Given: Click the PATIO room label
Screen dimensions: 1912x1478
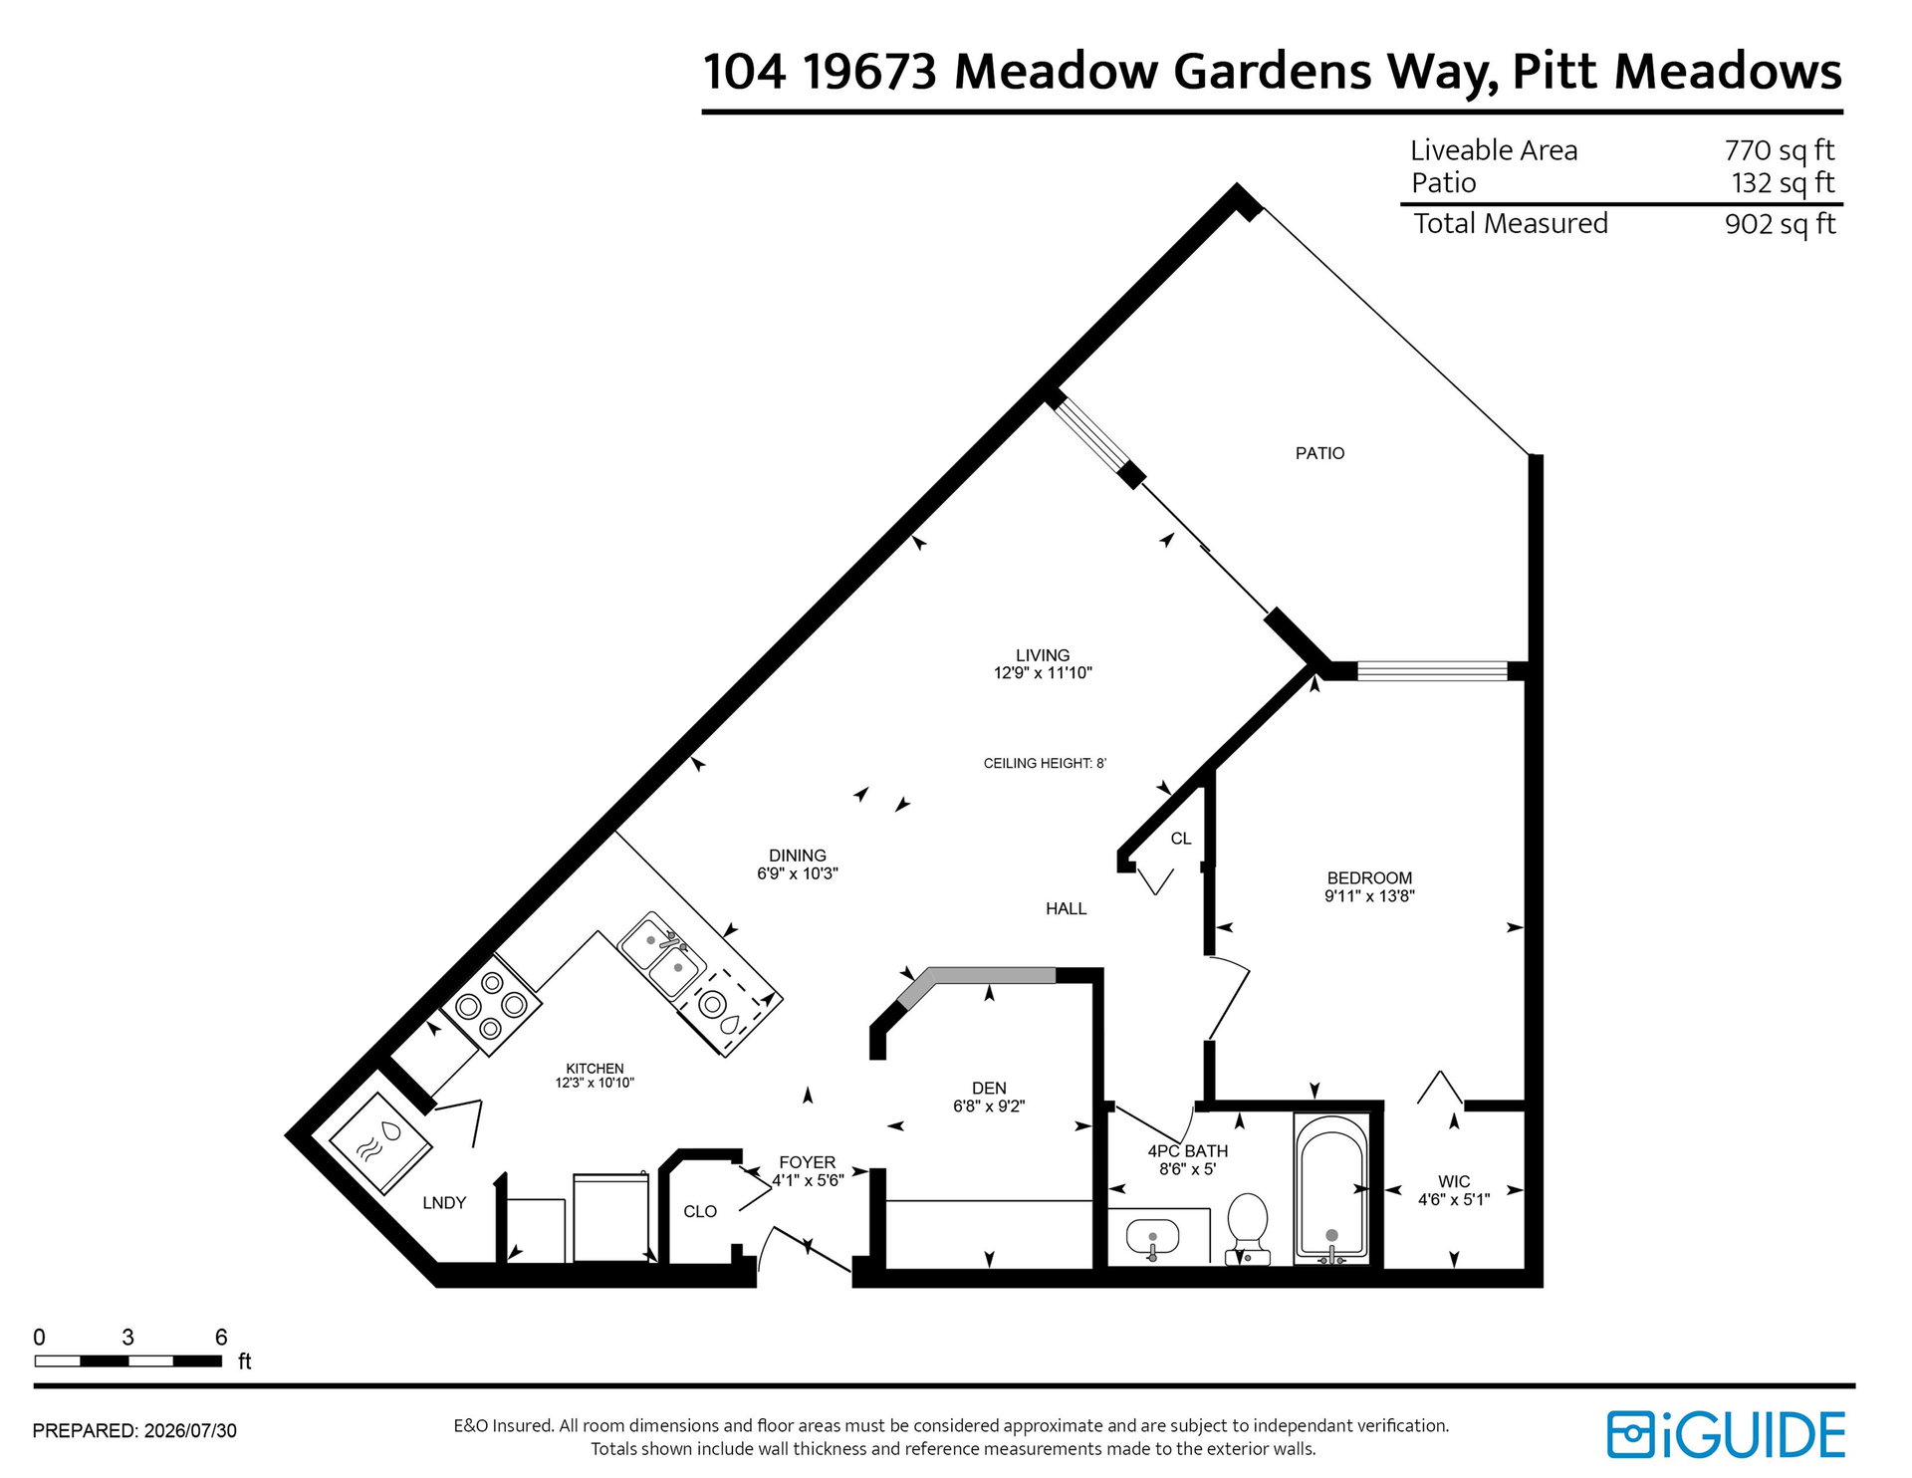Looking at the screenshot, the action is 1319,453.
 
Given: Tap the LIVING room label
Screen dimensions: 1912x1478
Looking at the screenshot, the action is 1043,655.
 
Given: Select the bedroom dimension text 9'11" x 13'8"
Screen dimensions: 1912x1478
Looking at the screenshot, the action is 1369,895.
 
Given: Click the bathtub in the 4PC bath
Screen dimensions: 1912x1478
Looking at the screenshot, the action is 1331,1189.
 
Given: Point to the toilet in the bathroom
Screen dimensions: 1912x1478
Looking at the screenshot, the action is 1247,1228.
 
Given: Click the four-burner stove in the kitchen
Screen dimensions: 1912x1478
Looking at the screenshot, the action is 491,1005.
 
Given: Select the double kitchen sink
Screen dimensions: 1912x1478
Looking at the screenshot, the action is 662,955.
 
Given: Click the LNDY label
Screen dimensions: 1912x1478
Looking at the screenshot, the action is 444,1203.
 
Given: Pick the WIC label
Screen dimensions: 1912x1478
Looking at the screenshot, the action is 1454,1181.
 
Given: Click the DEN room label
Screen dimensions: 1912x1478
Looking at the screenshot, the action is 989,1089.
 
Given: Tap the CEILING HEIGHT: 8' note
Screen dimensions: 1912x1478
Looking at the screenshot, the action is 1045,764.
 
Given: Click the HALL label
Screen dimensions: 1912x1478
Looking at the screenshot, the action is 1066,908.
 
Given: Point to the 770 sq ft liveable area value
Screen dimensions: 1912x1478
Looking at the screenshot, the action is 1779,150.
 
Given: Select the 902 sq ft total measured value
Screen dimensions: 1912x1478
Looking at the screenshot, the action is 1780,224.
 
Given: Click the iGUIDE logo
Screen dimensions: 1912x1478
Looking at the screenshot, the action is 1726,1435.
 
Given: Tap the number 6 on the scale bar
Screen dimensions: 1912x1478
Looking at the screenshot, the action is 221,1337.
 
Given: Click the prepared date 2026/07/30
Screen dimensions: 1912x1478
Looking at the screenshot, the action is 190,1431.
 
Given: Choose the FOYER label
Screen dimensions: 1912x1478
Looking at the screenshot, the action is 808,1162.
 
